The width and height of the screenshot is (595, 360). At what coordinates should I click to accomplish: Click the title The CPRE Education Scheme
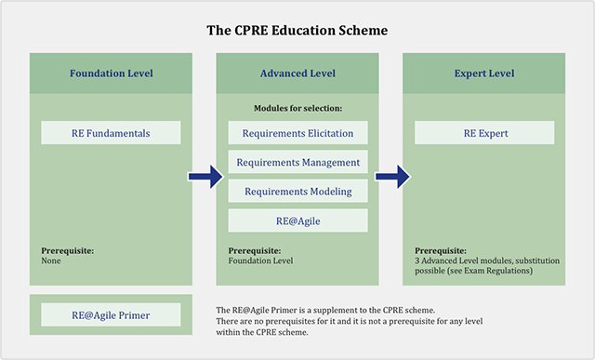pyautogui.click(x=297, y=30)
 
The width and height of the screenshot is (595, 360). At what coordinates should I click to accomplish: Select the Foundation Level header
pyautogui.click(x=112, y=73)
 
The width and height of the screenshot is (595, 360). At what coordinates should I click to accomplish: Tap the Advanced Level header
pyautogui.click(x=297, y=73)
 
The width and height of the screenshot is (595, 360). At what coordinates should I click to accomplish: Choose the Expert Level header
pyautogui.click(x=483, y=73)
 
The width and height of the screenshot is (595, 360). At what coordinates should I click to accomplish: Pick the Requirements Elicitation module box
pyautogui.click(x=297, y=133)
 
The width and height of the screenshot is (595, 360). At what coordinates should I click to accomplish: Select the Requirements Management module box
pyautogui.click(x=297, y=162)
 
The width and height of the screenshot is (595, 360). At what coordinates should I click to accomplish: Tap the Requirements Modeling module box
pyautogui.click(x=297, y=191)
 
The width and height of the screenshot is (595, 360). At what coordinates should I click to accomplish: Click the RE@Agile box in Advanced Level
pyautogui.click(x=297, y=220)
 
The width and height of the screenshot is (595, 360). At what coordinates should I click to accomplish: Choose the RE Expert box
pyautogui.click(x=483, y=133)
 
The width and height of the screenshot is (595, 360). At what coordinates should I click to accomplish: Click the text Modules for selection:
pyautogui.click(x=297, y=109)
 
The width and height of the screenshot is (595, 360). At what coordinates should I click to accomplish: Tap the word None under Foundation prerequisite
pyautogui.click(x=52, y=260)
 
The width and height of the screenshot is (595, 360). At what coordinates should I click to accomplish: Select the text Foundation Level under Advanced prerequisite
pyautogui.click(x=260, y=260)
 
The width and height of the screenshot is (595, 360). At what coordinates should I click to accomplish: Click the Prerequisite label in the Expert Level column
pyautogui.click(x=441, y=250)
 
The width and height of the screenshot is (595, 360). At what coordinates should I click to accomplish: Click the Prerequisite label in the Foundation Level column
pyautogui.click(x=68, y=250)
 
